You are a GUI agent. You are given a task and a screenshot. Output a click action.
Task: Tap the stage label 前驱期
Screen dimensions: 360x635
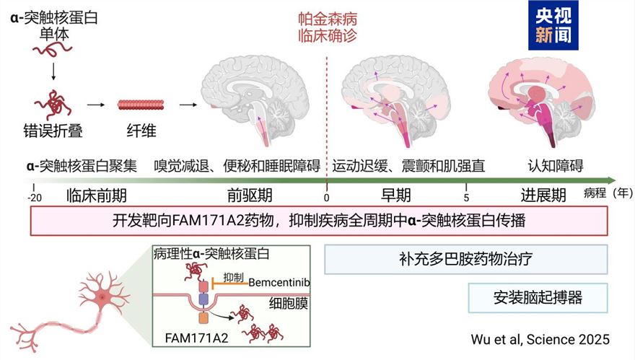(250, 195)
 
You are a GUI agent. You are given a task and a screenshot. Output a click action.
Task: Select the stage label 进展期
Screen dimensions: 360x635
(543, 195)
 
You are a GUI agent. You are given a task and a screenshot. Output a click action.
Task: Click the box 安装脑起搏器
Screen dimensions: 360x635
(537, 297)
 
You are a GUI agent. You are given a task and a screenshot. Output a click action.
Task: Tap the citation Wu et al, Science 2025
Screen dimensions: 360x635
(539, 338)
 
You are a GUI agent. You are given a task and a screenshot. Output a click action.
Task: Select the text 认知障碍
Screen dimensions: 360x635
(553, 166)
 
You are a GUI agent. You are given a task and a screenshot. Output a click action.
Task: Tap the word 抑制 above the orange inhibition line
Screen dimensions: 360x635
(234, 277)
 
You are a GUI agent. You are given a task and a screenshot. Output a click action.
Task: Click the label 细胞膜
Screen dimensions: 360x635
(288, 304)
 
